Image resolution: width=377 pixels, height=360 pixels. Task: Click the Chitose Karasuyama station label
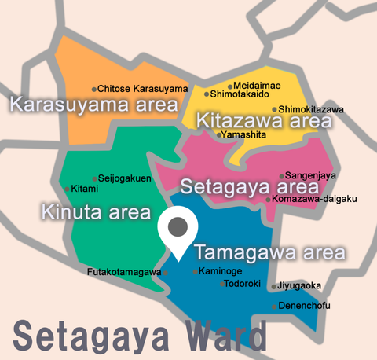(142, 89)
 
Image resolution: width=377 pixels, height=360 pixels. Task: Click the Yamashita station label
(243, 135)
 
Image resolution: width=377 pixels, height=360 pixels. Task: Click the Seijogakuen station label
(127, 178)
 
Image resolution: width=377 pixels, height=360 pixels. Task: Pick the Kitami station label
(84, 189)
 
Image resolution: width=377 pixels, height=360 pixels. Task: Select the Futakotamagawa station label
(124, 273)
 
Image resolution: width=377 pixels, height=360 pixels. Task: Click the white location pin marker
(179, 230)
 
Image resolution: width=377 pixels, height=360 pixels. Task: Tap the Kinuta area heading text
(95, 212)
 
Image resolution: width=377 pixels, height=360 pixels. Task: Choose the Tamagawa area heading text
(269, 253)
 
